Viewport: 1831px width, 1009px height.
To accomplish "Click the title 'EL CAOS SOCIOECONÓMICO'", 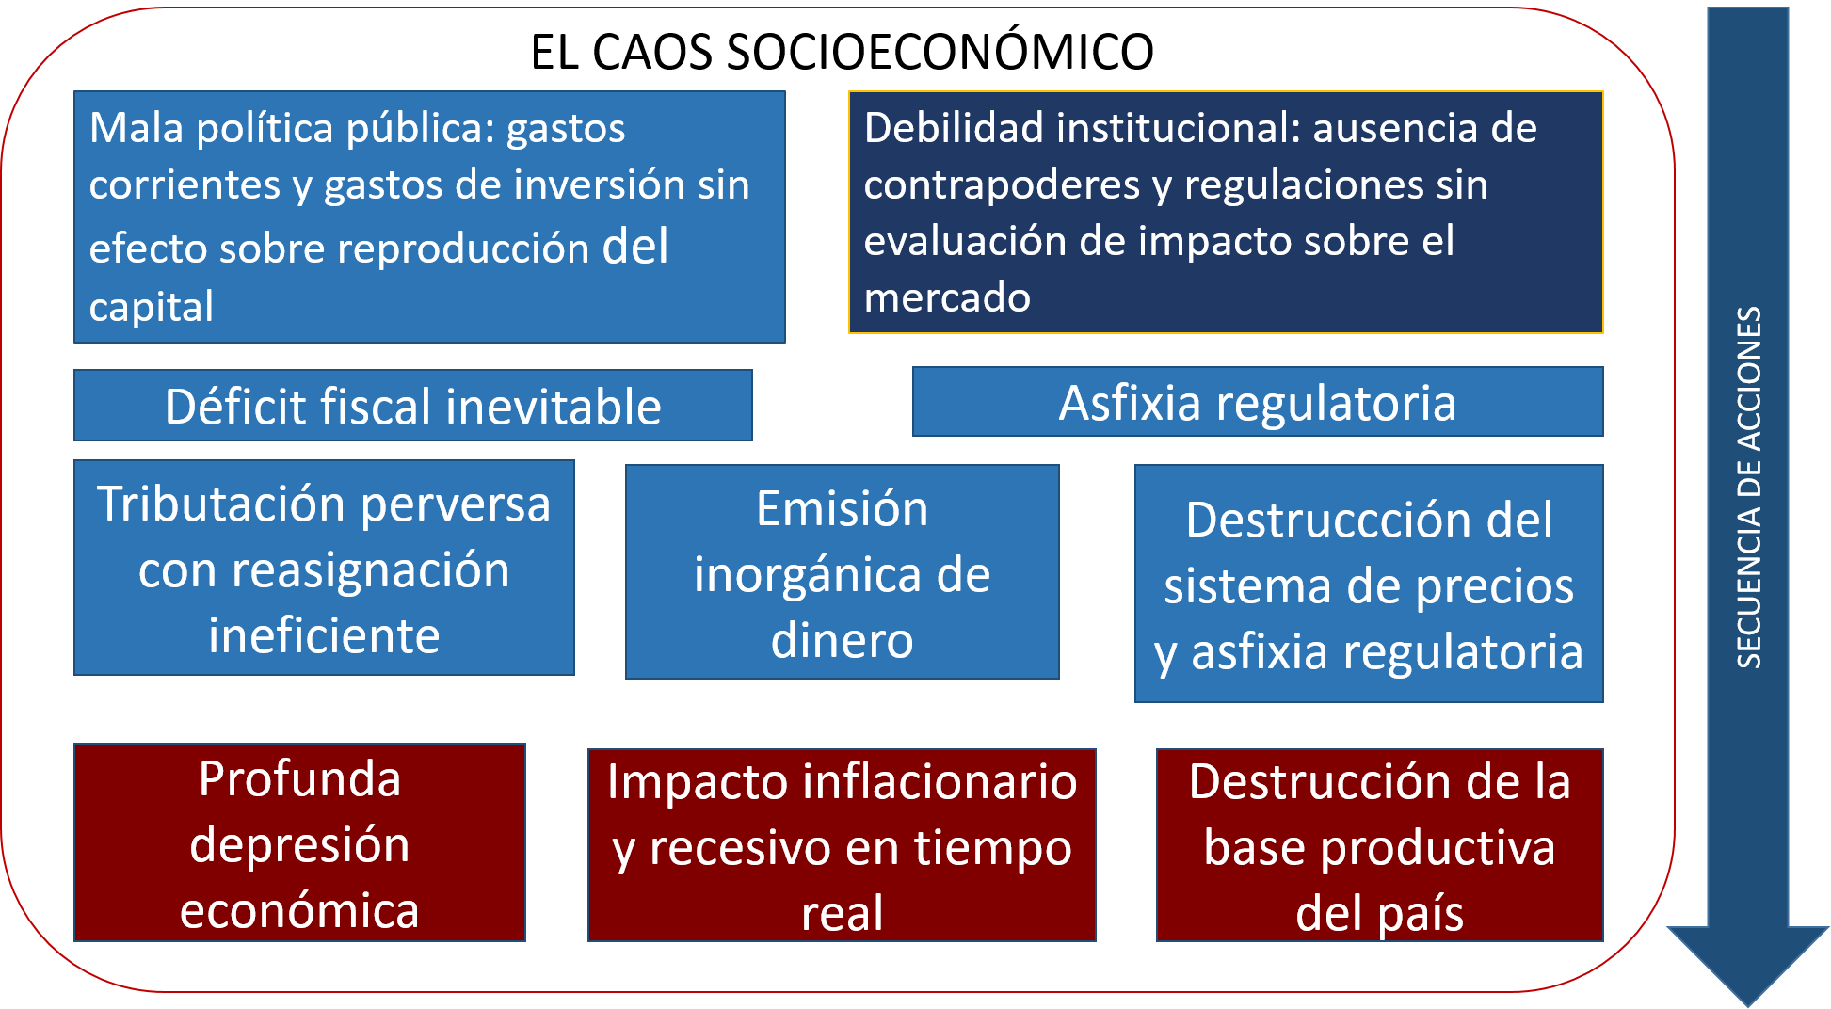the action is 842,52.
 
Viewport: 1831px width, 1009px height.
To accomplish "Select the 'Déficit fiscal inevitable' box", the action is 412,406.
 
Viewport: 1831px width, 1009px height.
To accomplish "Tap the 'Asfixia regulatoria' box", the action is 1257,403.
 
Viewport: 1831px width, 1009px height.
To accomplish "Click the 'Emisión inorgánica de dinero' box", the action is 842,572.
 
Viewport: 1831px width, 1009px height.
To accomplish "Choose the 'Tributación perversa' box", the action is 324,568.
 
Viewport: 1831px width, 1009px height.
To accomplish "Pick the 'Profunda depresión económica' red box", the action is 299,843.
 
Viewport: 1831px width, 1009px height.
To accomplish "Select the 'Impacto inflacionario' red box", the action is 842,845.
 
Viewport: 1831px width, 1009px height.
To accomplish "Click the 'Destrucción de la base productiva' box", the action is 1379,845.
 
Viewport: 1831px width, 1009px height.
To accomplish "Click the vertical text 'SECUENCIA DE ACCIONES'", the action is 1748,488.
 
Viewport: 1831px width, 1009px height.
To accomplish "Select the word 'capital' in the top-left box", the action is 152,307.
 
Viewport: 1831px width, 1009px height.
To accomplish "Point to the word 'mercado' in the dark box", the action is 947,297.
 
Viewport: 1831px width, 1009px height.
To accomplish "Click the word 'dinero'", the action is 842,640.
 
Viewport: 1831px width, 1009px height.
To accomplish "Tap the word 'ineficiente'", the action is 324,635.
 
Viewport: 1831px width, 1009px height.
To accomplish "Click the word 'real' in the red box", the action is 842,913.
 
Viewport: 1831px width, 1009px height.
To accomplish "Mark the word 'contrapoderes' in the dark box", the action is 1002,184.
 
